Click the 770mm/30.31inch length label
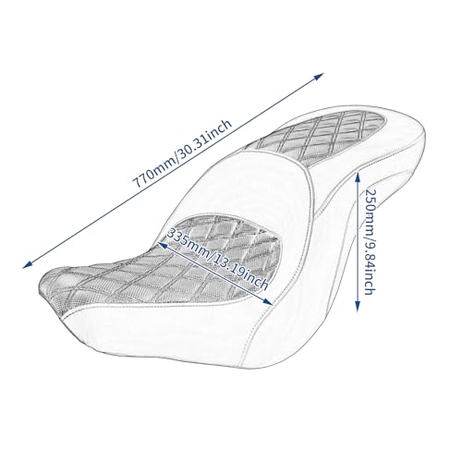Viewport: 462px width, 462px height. [x=182, y=153]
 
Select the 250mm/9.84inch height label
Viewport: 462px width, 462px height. [x=369, y=241]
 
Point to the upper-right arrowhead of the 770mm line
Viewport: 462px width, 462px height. [x=319, y=76]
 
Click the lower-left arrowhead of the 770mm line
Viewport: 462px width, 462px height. [x=28, y=264]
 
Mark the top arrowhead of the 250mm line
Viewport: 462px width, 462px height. [x=358, y=177]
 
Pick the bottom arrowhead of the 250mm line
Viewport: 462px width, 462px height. [x=358, y=306]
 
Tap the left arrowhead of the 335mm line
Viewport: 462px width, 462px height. [x=163, y=245]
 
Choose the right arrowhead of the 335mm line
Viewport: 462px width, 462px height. [x=268, y=302]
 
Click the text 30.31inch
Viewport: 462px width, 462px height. [x=204, y=138]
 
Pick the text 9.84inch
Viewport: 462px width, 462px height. [x=369, y=267]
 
